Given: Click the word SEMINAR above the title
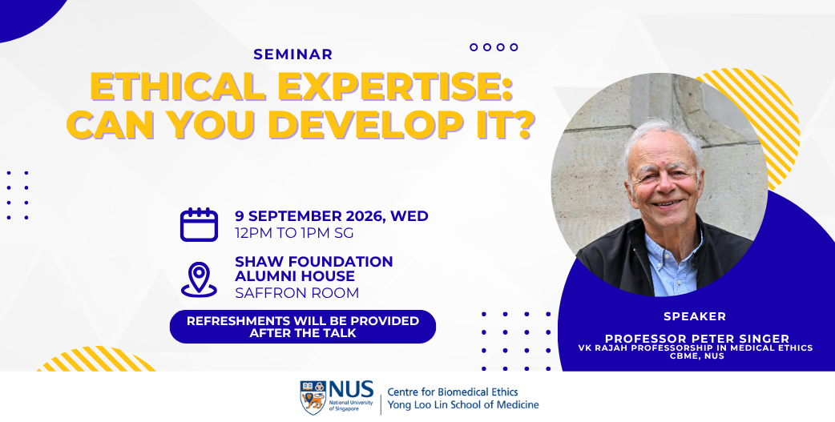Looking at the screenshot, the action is [292, 54].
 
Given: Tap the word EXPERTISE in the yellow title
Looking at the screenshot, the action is [394, 86].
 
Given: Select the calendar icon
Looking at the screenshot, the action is [200, 224].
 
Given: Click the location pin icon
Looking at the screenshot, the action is [200, 279].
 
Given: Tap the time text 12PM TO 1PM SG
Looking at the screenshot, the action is [294, 233].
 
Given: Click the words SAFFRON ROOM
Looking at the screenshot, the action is [297, 293].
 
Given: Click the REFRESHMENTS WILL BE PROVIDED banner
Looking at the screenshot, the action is [302, 327].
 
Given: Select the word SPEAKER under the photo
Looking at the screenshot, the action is [695, 316].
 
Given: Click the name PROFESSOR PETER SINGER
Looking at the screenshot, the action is [697, 339].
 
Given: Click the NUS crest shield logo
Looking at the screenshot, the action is [313, 397].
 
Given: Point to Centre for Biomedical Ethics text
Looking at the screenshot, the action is [453, 392].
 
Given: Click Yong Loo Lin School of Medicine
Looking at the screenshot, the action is [462, 405].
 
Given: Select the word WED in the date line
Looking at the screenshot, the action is [409, 216].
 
